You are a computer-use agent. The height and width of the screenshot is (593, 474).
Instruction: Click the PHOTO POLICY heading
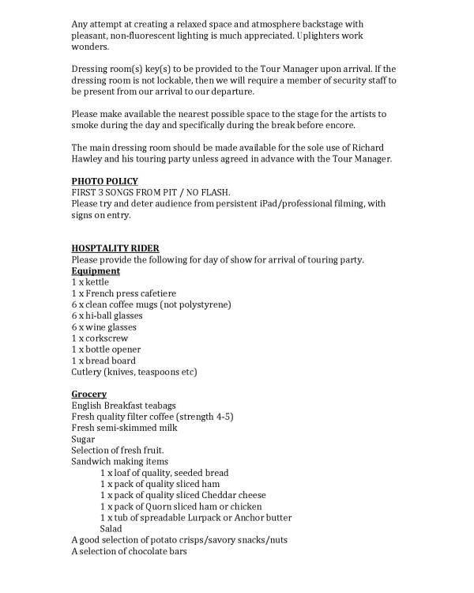(x=104, y=181)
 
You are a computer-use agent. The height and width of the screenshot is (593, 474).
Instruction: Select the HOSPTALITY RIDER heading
(x=115, y=248)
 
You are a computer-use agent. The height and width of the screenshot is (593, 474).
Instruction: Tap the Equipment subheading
(x=90, y=270)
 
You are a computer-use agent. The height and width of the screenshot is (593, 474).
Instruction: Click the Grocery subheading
(x=88, y=394)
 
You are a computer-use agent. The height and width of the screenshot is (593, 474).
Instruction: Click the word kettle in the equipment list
(x=97, y=281)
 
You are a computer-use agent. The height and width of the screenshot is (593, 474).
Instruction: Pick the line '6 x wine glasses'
(x=103, y=327)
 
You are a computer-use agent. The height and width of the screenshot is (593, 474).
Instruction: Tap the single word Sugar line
(x=83, y=439)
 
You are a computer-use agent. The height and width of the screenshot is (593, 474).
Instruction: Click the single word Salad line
(x=111, y=528)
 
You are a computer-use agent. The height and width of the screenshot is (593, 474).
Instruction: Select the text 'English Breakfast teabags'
(x=123, y=406)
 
